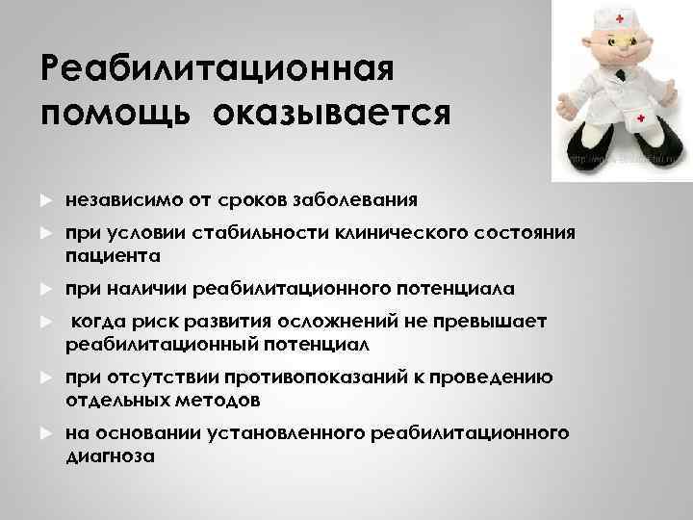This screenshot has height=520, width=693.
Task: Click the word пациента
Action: pyautogui.click(x=114, y=256)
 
